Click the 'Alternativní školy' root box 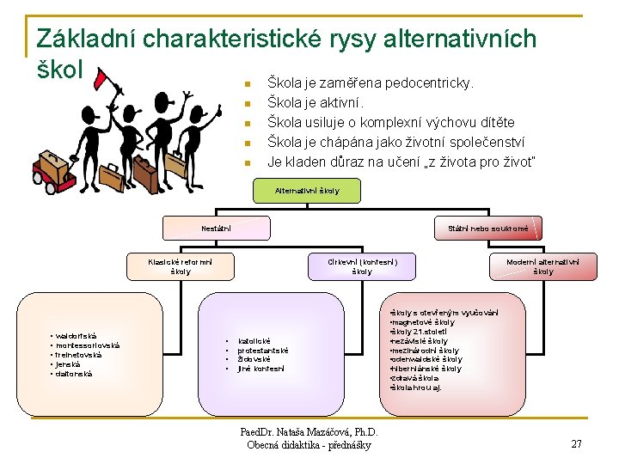click(x=307, y=191)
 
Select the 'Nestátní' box click(x=209, y=228)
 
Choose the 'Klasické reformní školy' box click(x=181, y=266)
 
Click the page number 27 click(x=577, y=443)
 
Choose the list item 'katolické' click(x=256, y=341)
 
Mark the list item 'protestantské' click(x=263, y=351)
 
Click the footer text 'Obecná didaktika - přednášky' click(x=309, y=445)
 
